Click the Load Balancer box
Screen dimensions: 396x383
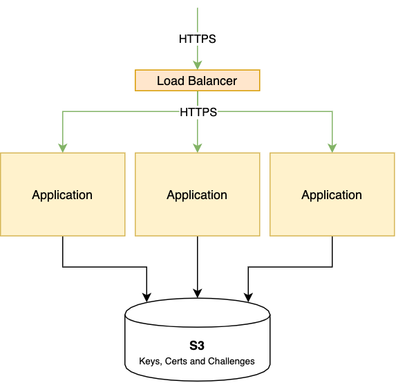click(198, 80)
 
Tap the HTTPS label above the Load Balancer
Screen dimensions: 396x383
click(198, 39)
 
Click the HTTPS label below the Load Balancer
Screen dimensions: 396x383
click(198, 112)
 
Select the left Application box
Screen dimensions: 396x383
click(63, 194)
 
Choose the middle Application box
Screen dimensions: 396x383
click(198, 194)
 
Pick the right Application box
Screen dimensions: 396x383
click(332, 194)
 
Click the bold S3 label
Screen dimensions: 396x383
click(197, 346)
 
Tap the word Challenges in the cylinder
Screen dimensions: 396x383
click(232, 362)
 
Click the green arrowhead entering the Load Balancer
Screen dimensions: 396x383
click(198, 65)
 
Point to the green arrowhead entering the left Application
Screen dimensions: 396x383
click(63, 148)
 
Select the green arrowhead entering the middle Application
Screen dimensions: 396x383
click(198, 148)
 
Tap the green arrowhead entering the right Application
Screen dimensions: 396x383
click(332, 148)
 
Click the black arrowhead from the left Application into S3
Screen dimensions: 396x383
click(147, 297)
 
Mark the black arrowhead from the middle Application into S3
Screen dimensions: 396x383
click(198, 294)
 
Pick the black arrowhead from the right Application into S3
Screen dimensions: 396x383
click(248, 297)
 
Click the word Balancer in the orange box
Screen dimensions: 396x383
click(212, 81)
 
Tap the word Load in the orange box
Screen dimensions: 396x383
click(171, 81)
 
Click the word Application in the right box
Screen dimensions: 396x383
click(332, 195)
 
